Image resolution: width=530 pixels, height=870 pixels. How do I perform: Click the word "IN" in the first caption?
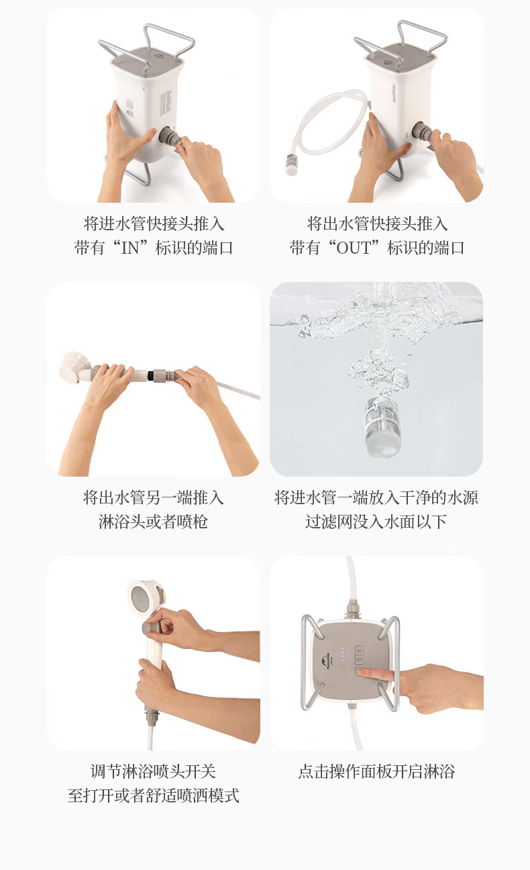pyautogui.click(x=129, y=248)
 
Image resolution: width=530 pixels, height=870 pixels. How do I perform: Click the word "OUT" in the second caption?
pyautogui.click(x=353, y=248)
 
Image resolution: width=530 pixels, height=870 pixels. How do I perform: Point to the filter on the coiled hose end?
pyautogui.click(x=292, y=165)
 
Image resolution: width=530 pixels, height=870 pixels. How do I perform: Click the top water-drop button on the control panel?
pyautogui.click(x=360, y=650)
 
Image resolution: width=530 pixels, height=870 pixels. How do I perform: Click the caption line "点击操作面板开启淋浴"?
pyautogui.click(x=376, y=772)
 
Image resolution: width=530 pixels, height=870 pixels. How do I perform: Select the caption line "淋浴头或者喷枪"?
pyautogui.click(x=153, y=522)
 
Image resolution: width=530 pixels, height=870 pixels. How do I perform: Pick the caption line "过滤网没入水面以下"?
pyautogui.click(x=376, y=522)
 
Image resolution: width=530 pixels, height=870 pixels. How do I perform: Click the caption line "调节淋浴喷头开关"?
pyautogui.click(x=153, y=772)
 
